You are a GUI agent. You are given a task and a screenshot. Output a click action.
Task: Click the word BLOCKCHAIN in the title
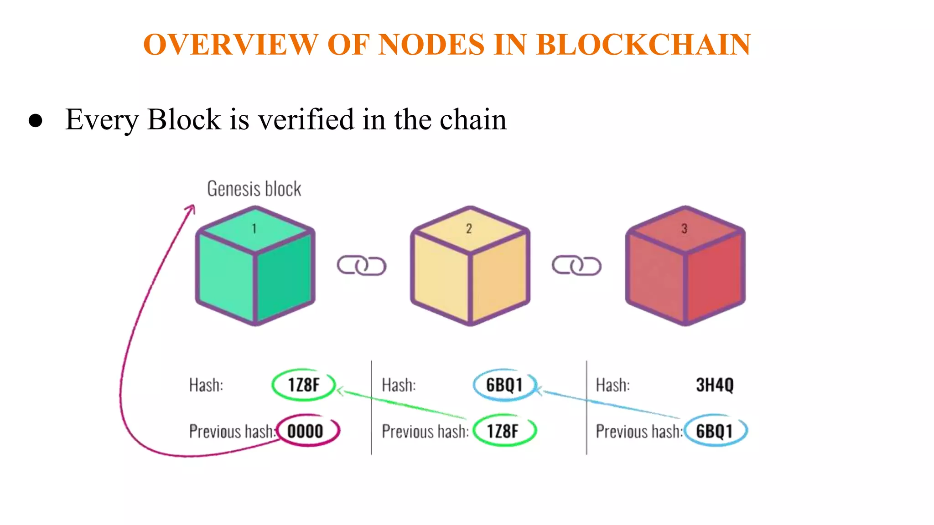tap(643, 45)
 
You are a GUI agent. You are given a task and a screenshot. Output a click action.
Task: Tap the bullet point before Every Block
tap(36, 121)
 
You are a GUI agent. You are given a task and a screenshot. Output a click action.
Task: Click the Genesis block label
tap(254, 189)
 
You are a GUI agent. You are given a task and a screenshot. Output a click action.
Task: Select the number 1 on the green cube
tap(254, 228)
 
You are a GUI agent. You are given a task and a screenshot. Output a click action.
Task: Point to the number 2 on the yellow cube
tap(469, 229)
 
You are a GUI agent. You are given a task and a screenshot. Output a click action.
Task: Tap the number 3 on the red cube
tap(684, 229)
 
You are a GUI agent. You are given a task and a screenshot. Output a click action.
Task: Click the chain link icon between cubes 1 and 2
tap(362, 266)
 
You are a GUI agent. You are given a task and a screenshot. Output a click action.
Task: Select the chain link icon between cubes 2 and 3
tap(576, 266)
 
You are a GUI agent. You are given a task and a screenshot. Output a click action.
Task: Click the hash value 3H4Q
tap(715, 385)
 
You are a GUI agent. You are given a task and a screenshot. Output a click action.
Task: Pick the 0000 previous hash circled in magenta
tap(305, 431)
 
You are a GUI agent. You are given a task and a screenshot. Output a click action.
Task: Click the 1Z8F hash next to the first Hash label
tap(303, 385)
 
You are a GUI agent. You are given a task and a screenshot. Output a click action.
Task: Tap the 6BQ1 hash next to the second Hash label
tap(504, 385)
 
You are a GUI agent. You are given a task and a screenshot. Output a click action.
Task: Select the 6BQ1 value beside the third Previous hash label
tap(714, 431)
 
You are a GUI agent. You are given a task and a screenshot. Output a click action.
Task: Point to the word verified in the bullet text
tap(306, 119)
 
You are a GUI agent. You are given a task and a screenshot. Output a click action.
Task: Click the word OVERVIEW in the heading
tap(230, 45)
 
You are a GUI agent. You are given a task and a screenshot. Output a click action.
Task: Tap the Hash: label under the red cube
tap(612, 385)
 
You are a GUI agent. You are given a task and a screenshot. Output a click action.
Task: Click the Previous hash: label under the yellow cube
tap(425, 431)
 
